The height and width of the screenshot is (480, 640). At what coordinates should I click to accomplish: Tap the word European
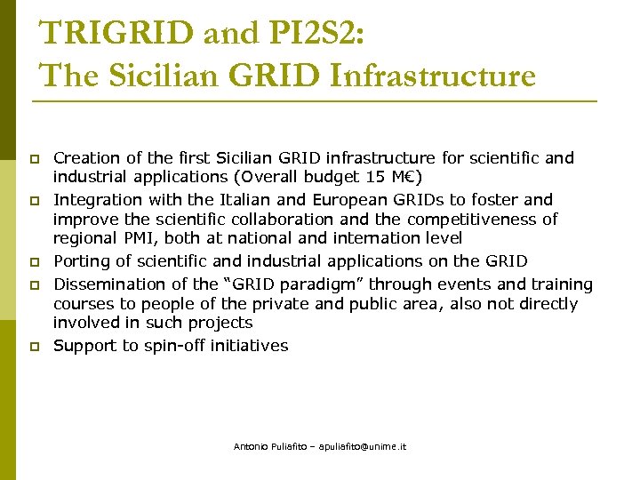click(327, 200)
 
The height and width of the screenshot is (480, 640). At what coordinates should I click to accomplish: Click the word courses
click(84, 304)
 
